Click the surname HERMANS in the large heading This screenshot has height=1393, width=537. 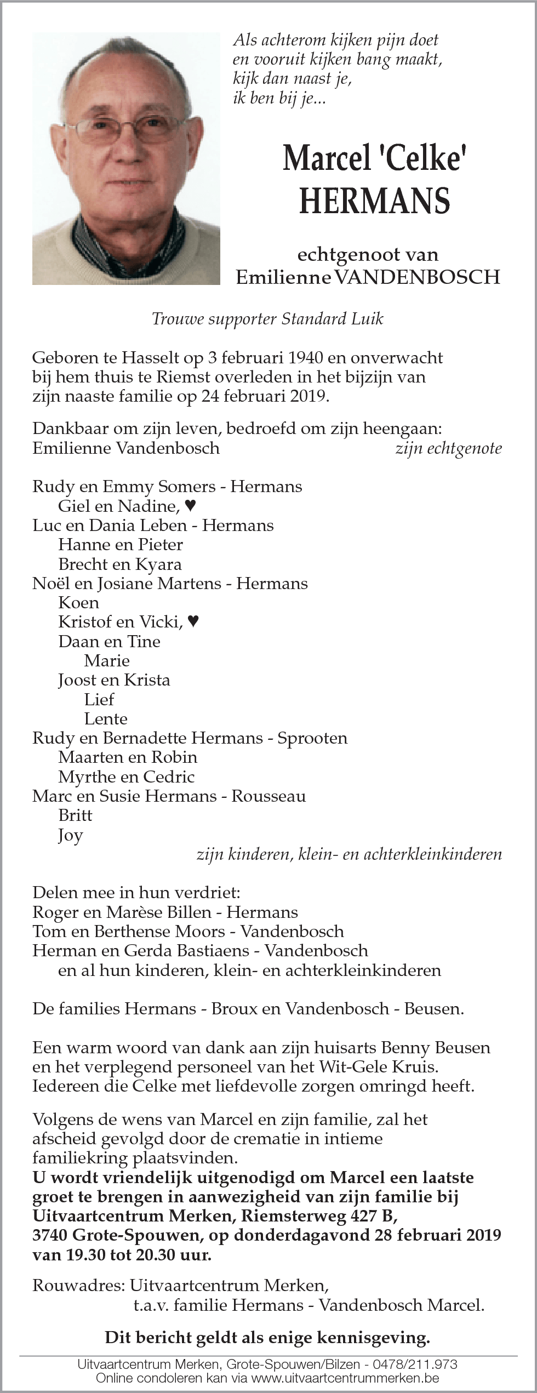pos(375,201)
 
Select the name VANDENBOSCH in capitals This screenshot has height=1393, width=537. pos(417,277)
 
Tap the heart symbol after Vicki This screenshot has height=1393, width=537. pos(192,621)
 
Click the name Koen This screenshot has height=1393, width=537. pos(78,602)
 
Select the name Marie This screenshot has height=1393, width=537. pos(107,660)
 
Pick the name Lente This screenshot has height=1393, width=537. pos(106,718)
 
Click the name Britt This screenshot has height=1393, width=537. pos(75,815)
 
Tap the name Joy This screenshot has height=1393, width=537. pos(70,835)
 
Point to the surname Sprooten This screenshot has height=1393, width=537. pos(312,738)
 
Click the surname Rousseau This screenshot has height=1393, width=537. pos(268,796)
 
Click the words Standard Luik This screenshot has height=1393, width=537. pos(332,319)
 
